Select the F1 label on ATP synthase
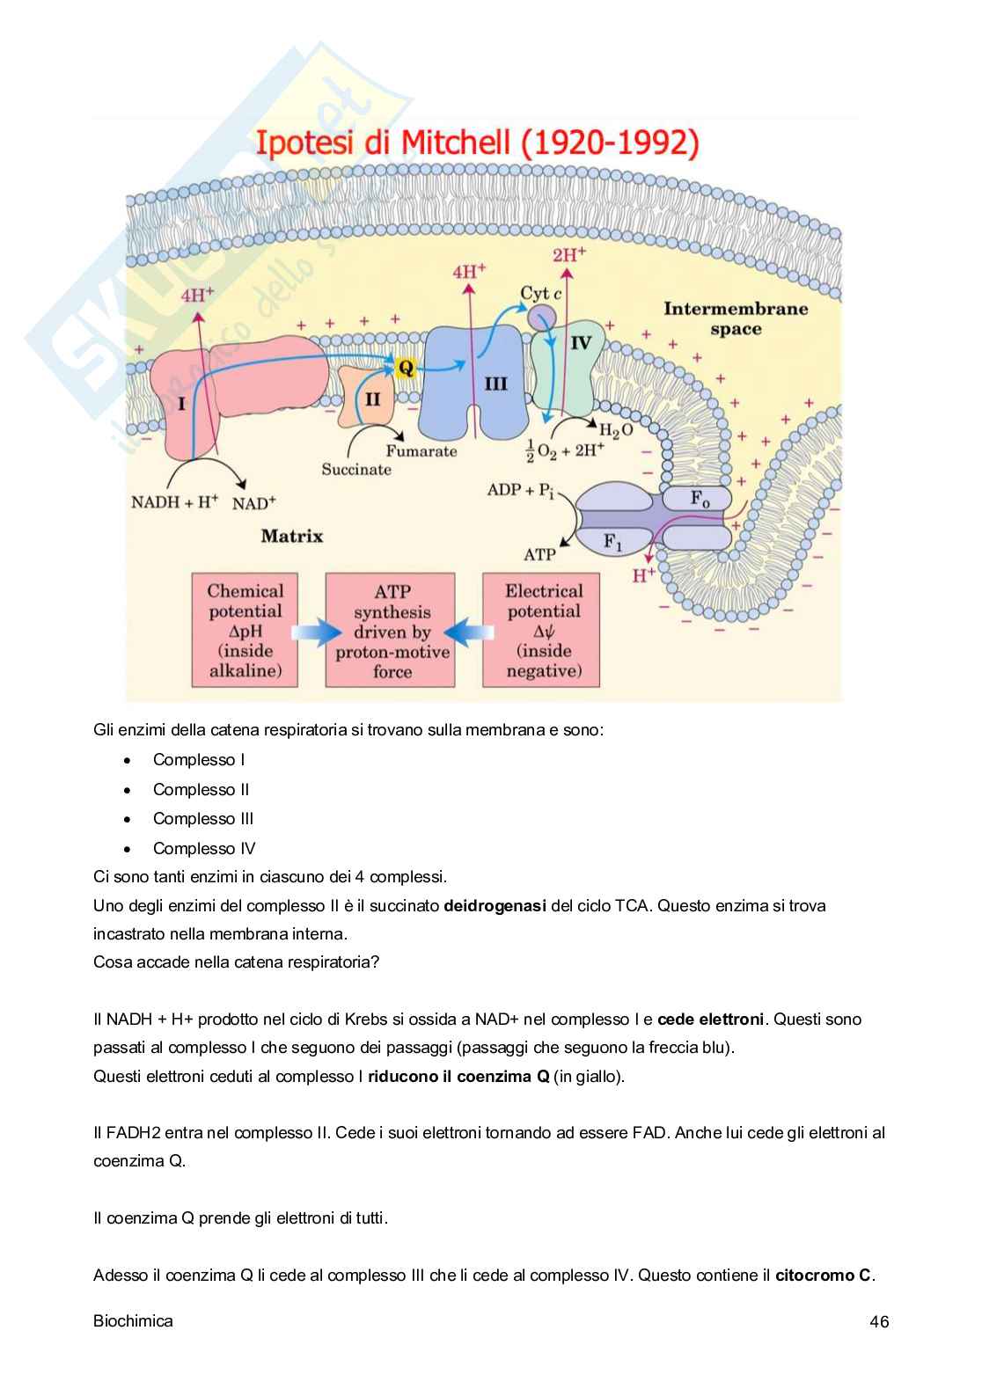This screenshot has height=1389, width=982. coord(613,541)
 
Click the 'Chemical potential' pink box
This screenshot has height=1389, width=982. coord(245,631)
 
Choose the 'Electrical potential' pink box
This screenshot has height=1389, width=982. coord(544,631)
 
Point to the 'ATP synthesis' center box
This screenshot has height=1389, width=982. coord(392,631)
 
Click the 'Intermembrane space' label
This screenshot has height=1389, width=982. coord(736,318)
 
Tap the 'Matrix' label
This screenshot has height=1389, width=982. coord(292,536)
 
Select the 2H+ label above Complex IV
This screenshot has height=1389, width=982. coord(569,255)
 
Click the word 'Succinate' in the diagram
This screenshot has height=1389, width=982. coord(356,469)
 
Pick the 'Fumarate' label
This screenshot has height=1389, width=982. coord(421,451)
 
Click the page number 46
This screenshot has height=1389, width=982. coord(878,1321)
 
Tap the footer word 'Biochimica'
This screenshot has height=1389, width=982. coord(133,1321)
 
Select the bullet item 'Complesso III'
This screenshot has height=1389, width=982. coord(203,819)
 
